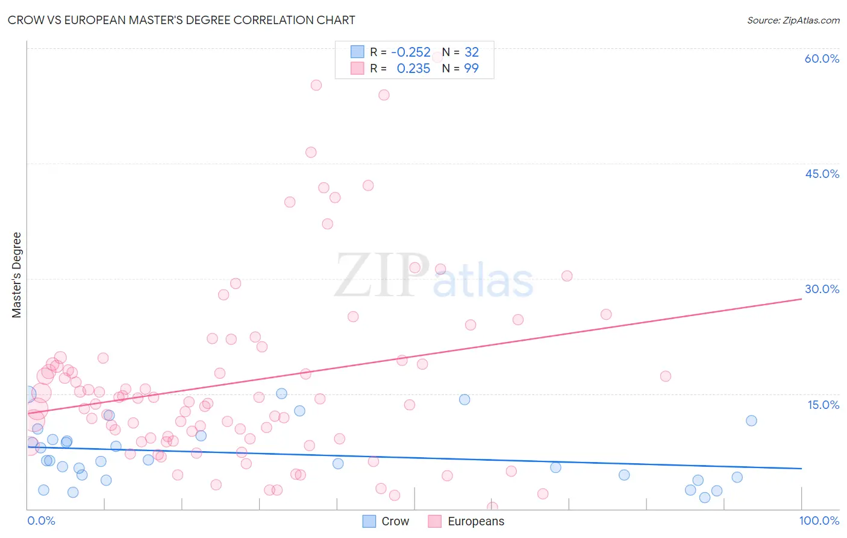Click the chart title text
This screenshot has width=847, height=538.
[x=181, y=20]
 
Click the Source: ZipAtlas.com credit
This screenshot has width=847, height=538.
[x=793, y=20]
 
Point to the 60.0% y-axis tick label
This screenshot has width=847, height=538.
[x=822, y=59]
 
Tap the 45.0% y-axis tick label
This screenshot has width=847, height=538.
[x=822, y=174]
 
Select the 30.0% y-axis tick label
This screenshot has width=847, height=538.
[x=822, y=289]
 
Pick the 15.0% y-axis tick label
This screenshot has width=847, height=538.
[x=823, y=405]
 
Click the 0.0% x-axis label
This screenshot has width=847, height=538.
[x=41, y=521]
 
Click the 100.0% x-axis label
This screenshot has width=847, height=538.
[x=819, y=521]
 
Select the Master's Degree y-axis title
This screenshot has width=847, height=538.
[x=16, y=275]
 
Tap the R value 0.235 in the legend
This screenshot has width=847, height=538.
[x=413, y=69]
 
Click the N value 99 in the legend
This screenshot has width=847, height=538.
[x=471, y=69]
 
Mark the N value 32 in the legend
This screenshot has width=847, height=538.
[x=471, y=52]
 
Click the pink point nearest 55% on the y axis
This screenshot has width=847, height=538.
[x=316, y=85]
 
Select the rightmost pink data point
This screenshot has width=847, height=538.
[x=666, y=376]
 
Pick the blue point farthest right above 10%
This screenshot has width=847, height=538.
[x=751, y=421]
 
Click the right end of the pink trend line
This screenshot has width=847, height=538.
[x=801, y=299]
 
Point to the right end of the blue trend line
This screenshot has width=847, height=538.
[x=801, y=469]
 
